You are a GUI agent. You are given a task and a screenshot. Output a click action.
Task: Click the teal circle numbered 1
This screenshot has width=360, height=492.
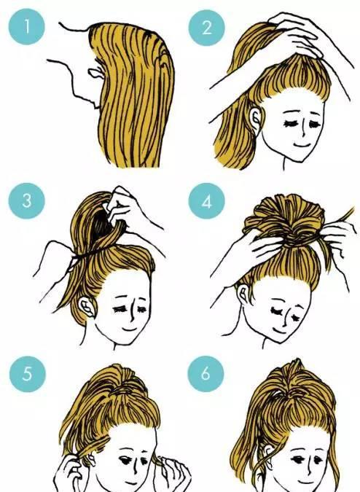[27, 26]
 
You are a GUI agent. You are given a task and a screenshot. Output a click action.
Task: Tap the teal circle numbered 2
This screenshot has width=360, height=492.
[206, 28]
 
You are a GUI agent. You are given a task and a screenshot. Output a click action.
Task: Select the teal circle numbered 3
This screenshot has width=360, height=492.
[27, 201]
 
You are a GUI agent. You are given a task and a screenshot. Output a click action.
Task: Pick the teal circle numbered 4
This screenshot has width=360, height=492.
[206, 201]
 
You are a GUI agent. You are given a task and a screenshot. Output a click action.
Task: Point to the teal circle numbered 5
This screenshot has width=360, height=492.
[28, 374]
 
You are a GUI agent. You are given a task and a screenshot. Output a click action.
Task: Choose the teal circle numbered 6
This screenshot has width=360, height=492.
[206, 374]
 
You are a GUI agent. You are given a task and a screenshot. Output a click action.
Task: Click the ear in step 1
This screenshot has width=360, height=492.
[95, 73]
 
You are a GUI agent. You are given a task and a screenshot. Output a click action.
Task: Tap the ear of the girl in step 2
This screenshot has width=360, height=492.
[255, 120]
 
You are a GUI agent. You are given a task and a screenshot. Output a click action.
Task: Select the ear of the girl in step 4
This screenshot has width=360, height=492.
[243, 293]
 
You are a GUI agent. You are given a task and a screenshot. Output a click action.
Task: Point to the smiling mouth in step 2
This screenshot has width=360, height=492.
[302, 145]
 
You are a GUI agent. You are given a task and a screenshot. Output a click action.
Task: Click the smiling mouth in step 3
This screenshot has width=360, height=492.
[130, 329]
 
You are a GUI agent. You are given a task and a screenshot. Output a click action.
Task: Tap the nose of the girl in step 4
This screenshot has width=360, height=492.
[285, 319]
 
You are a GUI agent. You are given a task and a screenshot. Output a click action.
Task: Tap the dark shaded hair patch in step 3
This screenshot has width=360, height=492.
[101, 224]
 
